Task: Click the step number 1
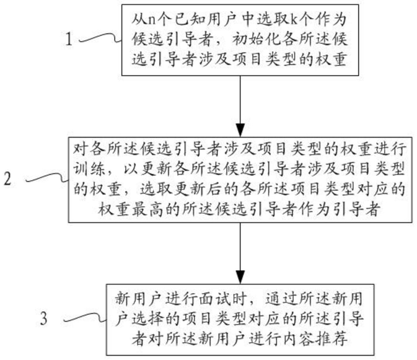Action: [x=69, y=39]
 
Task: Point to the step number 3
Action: [x=43, y=318]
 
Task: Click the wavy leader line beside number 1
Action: [x=100, y=38]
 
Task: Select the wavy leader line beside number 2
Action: [x=47, y=178]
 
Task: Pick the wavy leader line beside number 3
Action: [x=86, y=317]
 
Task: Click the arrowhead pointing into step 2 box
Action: [x=240, y=130]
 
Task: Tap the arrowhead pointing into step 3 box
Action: [x=240, y=278]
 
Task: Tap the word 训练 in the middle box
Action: [x=89, y=169]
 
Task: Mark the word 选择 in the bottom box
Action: [x=148, y=318]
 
